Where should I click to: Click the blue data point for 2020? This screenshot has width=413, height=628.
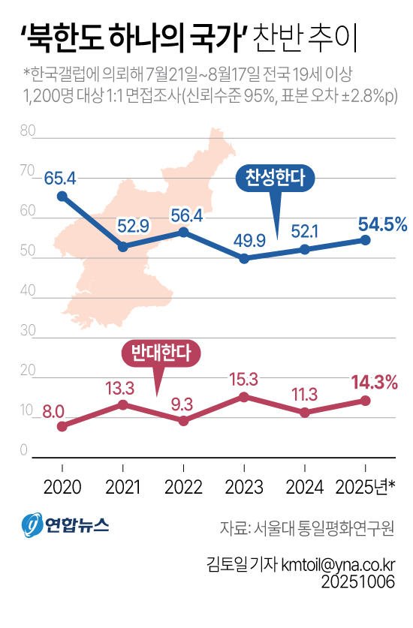[x=62, y=197]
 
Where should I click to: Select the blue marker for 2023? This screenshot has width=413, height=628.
[x=244, y=258]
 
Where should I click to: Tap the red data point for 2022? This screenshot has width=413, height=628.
[x=183, y=421]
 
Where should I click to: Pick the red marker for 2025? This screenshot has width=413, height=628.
[x=366, y=401]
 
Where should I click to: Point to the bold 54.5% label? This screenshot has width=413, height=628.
[x=382, y=223]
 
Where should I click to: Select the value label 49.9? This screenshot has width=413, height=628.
[x=244, y=239]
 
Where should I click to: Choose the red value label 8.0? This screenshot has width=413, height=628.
[x=53, y=411]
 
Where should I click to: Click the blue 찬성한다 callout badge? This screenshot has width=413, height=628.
[x=276, y=177]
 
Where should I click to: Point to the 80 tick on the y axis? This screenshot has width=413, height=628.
[x=29, y=131]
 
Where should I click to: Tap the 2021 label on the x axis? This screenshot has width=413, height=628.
[x=123, y=486]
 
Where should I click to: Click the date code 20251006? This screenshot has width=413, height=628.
[x=358, y=581]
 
